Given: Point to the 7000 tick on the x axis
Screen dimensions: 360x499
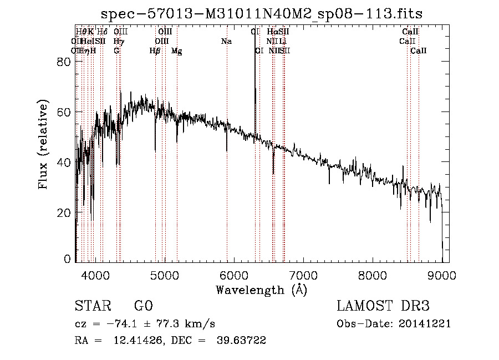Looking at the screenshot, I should [x=303, y=275].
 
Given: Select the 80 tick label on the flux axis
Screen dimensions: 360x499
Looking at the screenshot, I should [x=64, y=62].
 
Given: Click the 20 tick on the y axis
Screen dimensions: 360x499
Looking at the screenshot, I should [x=64, y=213].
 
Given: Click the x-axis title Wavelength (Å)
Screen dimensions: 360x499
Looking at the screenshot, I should [x=261, y=290].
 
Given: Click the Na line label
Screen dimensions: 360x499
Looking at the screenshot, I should [x=226, y=42].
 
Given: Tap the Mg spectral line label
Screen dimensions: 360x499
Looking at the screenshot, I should [x=177, y=51].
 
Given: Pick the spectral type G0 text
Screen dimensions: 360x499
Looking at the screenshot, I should [x=143, y=307].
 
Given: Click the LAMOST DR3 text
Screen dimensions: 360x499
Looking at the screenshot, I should [x=383, y=307].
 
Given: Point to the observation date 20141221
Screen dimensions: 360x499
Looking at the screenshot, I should [x=426, y=324].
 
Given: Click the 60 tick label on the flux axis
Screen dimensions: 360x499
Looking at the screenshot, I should [x=64, y=113].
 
